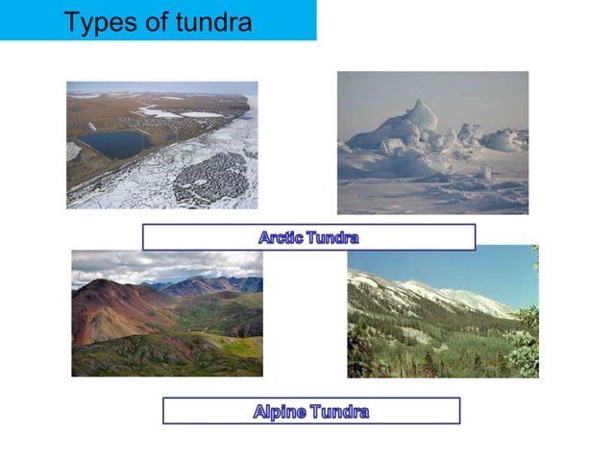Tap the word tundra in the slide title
tap(208, 21)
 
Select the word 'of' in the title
tap(153, 21)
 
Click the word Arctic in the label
tap(281, 236)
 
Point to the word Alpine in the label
tap(277, 411)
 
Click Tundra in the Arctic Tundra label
tap(331, 236)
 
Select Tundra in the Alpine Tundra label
tap(334, 411)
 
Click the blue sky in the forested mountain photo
tap(442, 264)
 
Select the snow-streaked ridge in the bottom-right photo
tap(452, 293)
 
